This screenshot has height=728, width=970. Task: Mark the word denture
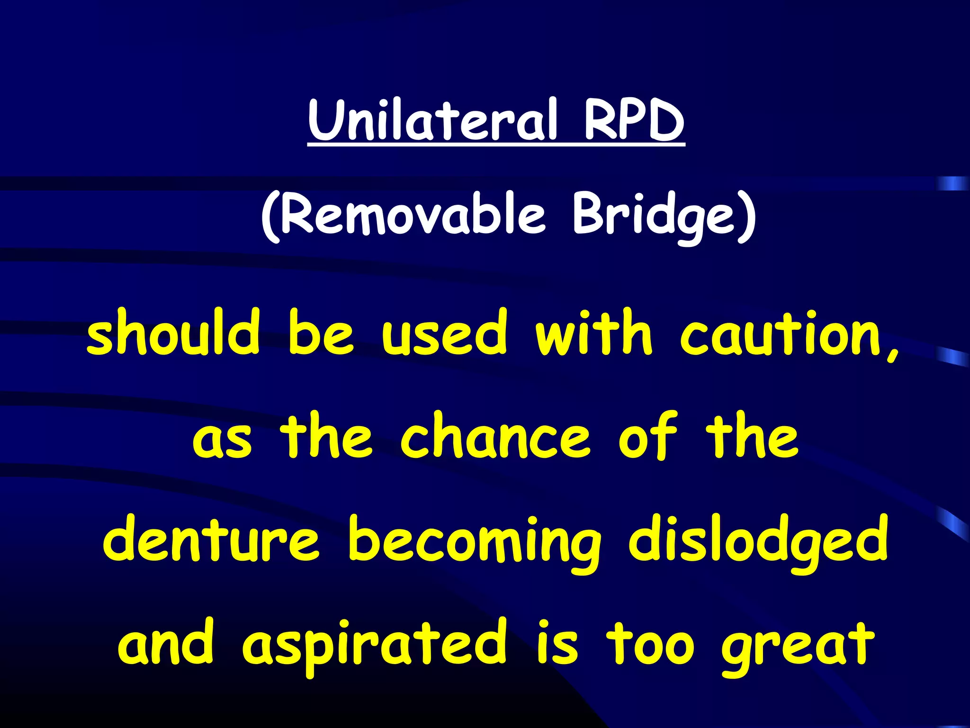(211, 540)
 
